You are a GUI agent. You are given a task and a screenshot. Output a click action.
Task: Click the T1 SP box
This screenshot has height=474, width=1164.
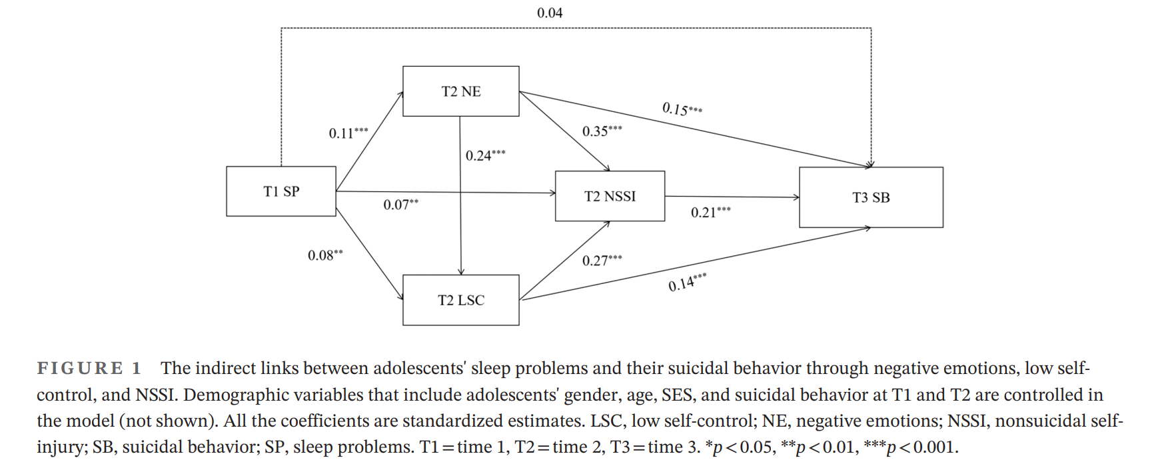281,191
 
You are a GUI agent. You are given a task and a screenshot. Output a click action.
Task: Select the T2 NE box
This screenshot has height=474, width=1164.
461,91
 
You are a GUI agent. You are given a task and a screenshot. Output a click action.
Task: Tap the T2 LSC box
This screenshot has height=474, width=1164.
461,300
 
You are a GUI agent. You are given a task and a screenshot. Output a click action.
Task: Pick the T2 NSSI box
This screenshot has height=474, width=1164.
610,196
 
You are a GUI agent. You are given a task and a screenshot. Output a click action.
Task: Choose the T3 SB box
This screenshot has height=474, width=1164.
871,197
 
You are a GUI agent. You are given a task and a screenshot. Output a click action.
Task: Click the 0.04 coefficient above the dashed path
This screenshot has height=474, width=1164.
550,13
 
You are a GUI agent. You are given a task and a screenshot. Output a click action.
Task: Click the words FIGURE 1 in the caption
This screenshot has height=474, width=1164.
89,368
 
